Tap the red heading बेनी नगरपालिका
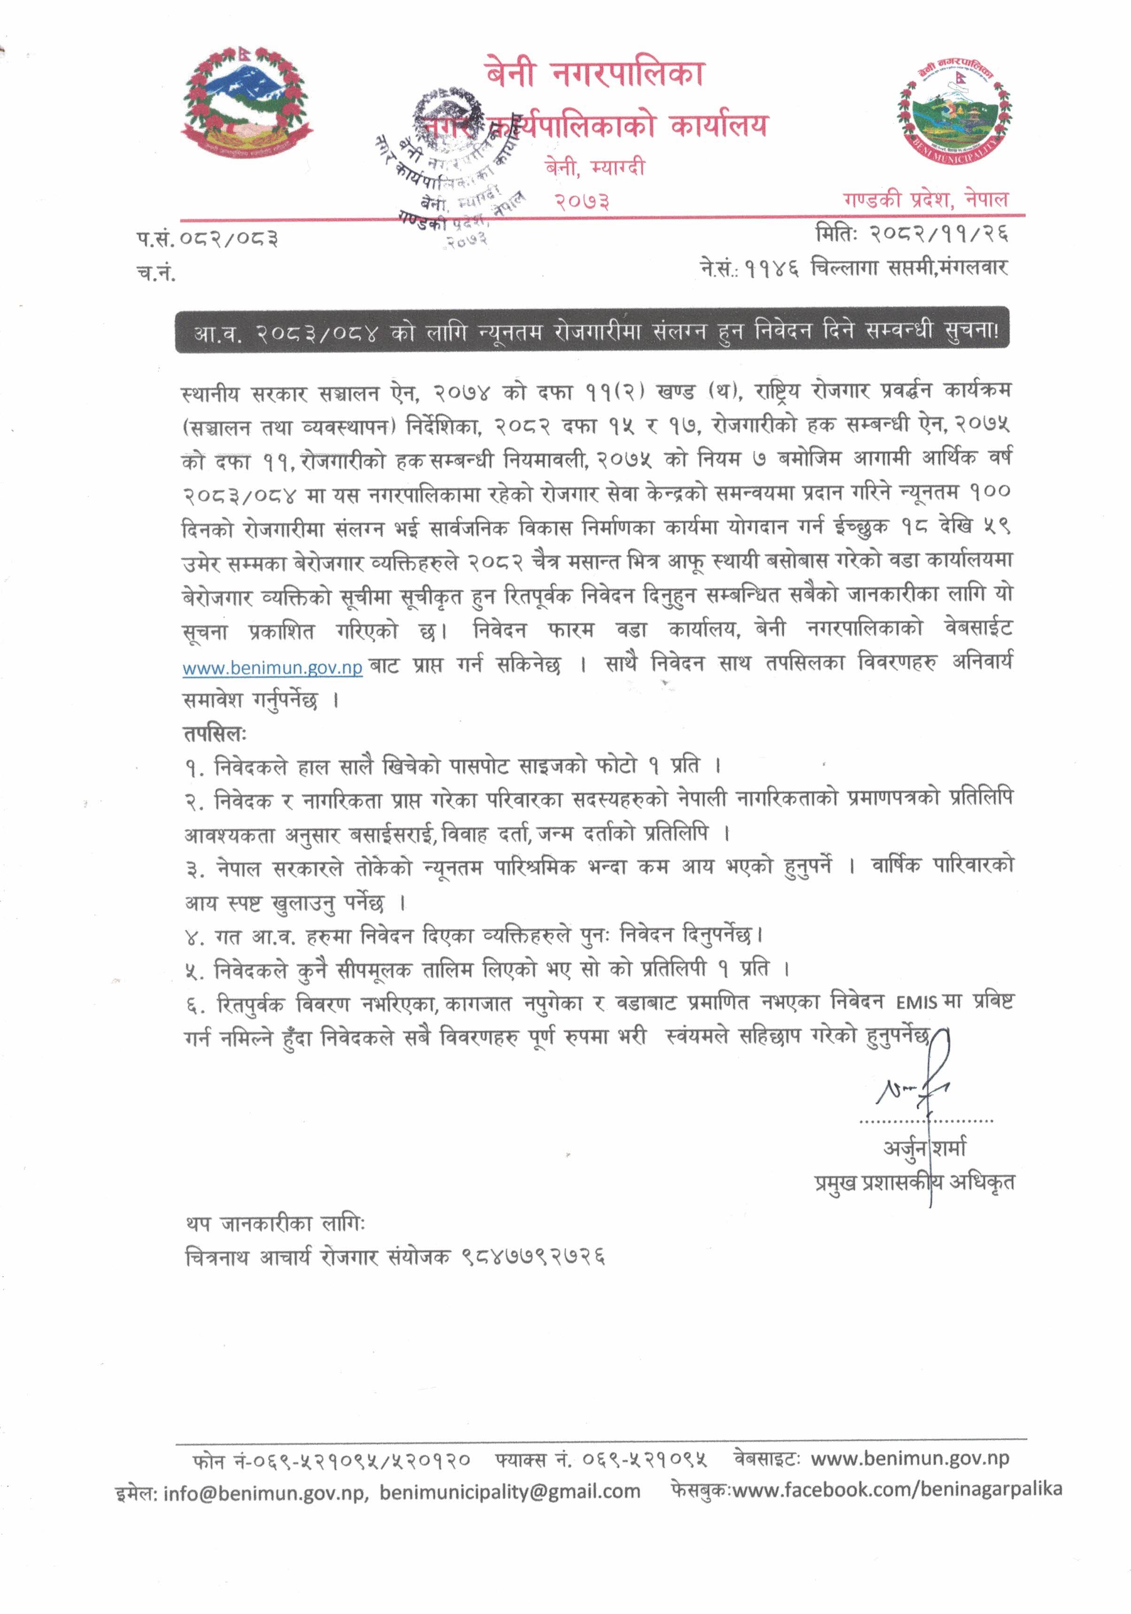(x=594, y=74)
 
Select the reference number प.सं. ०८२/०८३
(x=208, y=239)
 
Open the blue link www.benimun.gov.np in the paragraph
(x=272, y=667)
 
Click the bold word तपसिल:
(x=215, y=734)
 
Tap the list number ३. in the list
(x=195, y=870)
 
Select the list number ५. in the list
(x=195, y=972)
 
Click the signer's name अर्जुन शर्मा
(x=924, y=1148)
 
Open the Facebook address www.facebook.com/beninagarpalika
(x=897, y=1490)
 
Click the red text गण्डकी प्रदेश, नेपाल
(x=925, y=200)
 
